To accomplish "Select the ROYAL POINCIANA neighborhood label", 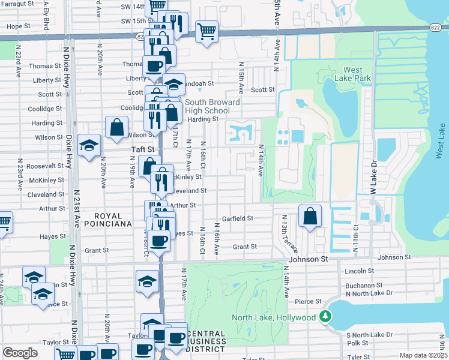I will [104, 220].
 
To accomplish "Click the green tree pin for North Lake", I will [325, 316].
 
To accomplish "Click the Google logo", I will [20, 353].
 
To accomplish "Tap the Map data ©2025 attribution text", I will [423, 355].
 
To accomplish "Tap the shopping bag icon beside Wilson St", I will [116, 127].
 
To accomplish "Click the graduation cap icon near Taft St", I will [89, 145].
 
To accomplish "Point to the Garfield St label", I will [238, 218].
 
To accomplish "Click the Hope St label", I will [19, 26].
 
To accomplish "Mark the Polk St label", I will [357, 343].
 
